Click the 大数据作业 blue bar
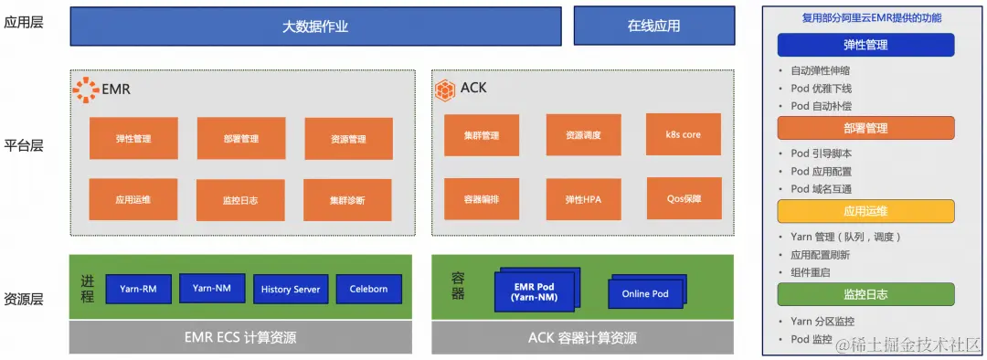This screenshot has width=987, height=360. coord(315,26)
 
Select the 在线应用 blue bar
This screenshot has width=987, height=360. coord(653,26)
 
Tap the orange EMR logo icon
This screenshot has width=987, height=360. coord(85,90)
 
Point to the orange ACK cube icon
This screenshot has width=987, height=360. coord(444,90)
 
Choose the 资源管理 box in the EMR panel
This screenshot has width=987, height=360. coord(348,139)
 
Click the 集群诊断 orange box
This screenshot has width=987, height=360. coord(347,199)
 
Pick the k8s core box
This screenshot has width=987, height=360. coord(683,134)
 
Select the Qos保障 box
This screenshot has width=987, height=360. coord(683,197)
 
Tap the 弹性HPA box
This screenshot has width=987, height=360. coord(582,198)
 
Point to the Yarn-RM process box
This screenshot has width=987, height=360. coord(138,289)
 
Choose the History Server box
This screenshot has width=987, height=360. coord(291,289)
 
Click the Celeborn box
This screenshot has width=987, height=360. coord(368,289)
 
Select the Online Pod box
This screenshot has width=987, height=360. coord(645,293)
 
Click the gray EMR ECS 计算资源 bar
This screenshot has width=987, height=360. coord(240,338)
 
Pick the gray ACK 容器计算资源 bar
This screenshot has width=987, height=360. coord(583,338)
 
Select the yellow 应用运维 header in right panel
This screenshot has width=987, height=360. coord(865,212)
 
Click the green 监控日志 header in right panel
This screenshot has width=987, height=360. coord(865,294)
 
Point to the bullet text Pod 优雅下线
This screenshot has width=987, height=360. coord(821,89)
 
